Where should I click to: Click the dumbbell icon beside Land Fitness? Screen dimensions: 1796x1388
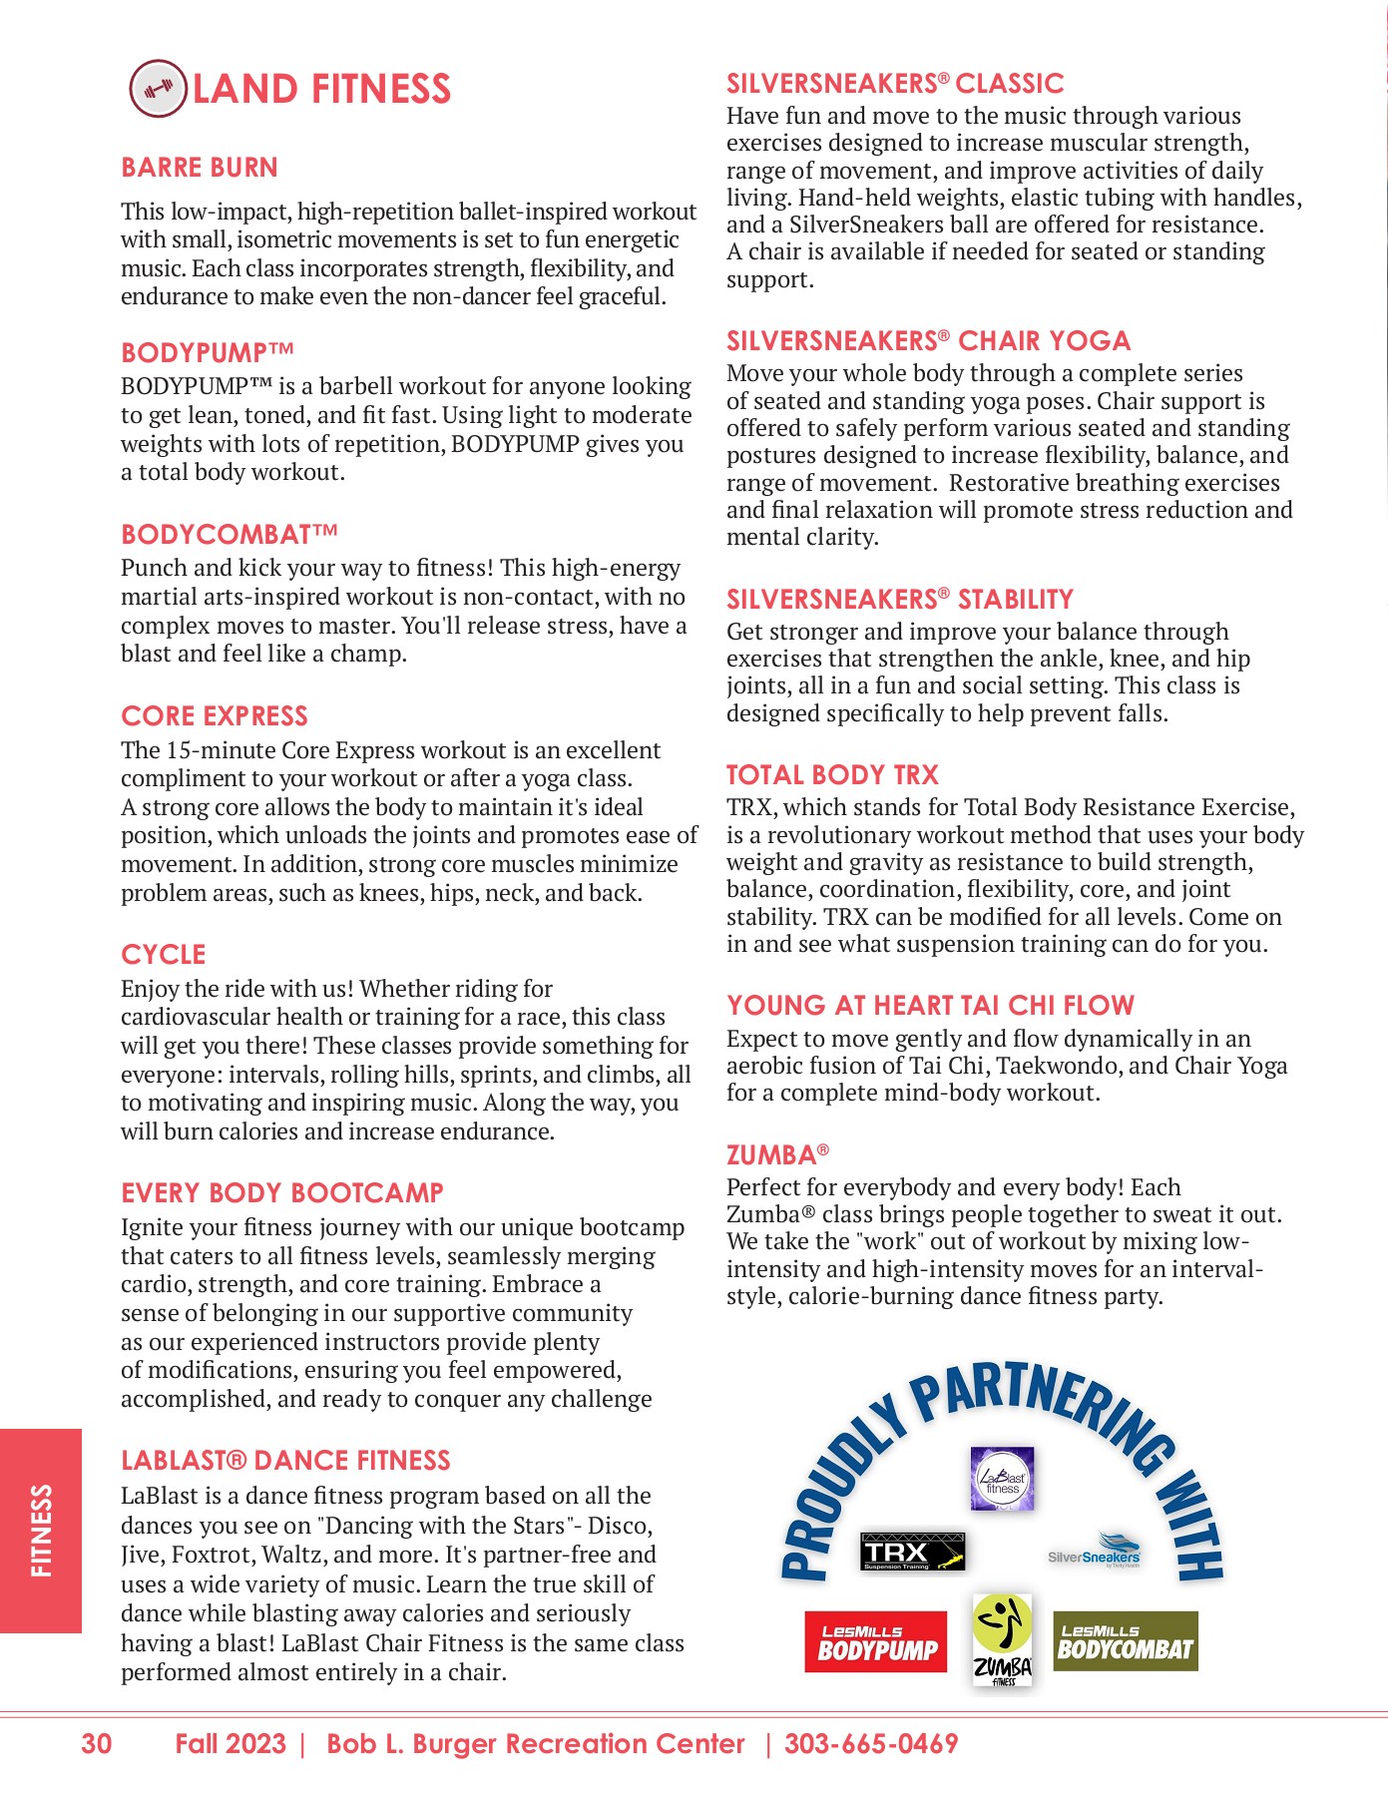[x=158, y=89]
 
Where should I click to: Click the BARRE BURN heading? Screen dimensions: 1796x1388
[x=200, y=168]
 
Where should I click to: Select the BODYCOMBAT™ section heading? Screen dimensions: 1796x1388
[x=230, y=535]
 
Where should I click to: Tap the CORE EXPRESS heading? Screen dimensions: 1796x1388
[x=215, y=716]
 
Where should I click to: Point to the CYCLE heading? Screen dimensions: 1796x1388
[x=164, y=955]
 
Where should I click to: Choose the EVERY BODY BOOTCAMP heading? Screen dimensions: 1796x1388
[x=282, y=1193]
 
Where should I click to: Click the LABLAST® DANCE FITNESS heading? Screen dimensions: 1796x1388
[x=285, y=1461]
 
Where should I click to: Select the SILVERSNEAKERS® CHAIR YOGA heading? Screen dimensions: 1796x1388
[x=928, y=341]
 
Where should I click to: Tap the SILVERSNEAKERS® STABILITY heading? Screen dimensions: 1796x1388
[x=899, y=600]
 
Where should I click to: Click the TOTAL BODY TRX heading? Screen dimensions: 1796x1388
[x=832, y=775]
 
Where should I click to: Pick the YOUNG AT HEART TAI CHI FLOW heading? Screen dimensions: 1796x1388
[x=930, y=1006]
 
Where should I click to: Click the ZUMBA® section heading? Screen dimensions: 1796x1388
[x=777, y=1155]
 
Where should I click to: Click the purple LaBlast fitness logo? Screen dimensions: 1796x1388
[x=1002, y=1479]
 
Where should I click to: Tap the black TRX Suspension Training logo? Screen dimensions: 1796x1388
[x=912, y=1552]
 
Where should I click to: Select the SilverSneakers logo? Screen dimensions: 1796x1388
[x=1095, y=1553]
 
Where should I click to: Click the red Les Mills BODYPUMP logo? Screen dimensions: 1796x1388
[x=875, y=1641]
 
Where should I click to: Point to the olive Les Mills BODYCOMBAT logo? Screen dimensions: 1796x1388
[x=1125, y=1641]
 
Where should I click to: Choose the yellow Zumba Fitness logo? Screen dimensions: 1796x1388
[x=1002, y=1639]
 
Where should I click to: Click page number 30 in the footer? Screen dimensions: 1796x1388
[x=97, y=1744]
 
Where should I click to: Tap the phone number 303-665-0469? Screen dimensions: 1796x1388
[x=871, y=1744]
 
